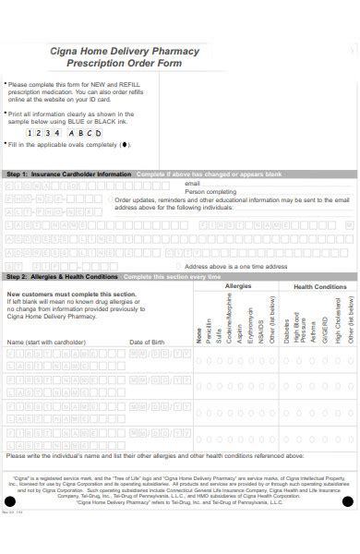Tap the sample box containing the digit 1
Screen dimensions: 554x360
pyautogui.click(x=30, y=132)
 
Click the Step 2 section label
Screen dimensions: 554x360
pyautogui.click(x=62, y=277)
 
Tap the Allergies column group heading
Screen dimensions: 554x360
pyautogui.click(x=237, y=286)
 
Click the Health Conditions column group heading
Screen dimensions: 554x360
pyautogui.click(x=319, y=287)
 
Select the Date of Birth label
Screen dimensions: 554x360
pyautogui.click(x=148, y=342)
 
